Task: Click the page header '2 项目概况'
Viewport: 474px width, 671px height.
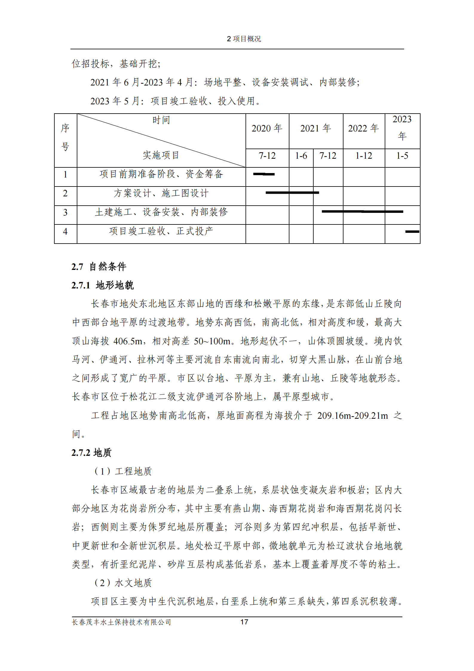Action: [244, 39]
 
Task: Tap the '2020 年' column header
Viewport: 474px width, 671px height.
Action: [267, 129]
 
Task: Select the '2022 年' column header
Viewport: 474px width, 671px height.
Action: [363, 129]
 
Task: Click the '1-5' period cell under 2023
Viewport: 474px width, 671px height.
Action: [402, 156]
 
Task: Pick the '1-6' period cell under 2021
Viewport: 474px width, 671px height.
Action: [301, 156]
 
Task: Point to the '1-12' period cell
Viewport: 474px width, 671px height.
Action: [363, 156]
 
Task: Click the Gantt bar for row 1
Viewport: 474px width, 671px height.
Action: [264, 174]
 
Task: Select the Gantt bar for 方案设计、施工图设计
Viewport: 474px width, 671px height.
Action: [292, 193]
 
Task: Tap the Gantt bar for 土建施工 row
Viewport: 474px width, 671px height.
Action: [362, 212]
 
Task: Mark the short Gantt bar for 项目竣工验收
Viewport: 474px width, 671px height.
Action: [412, 232]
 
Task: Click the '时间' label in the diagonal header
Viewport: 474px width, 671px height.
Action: [161, 120]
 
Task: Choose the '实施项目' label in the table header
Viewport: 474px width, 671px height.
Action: [161, 155]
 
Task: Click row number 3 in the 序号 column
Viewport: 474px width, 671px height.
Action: [65, 213]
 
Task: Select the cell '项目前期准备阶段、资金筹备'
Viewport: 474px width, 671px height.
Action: [161, 174]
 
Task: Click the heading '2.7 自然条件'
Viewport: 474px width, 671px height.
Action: [99, 267]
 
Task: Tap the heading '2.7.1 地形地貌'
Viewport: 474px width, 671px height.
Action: [102, 285]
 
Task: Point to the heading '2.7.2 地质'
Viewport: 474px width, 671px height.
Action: [91, 453]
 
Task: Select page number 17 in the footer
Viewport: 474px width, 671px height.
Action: [244, 622]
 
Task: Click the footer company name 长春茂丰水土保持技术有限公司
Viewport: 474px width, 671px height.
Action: [122, 622]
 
